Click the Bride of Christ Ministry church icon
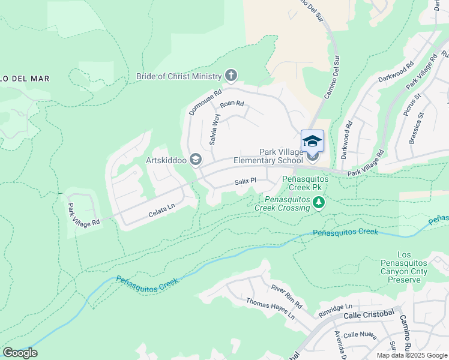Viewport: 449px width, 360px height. (231, 76)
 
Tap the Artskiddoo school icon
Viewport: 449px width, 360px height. (195, 160)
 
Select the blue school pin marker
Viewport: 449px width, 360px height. (312, 142)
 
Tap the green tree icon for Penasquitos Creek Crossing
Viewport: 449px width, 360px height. (319, 203)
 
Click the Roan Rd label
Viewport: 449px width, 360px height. (232, 104)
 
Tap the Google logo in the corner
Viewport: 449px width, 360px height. (20, 353)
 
